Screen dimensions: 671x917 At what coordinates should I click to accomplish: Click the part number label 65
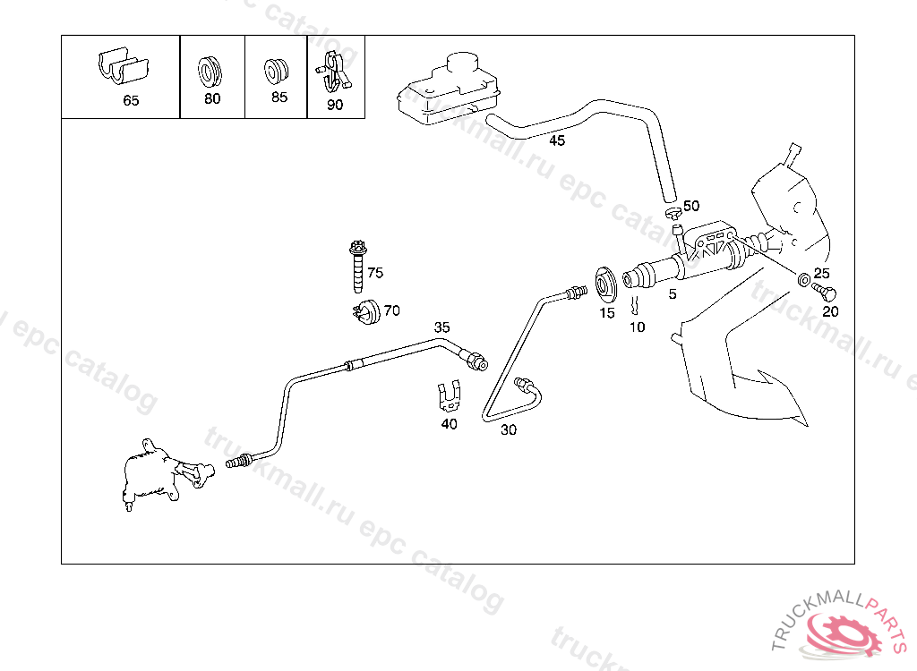pyautogui.click(x=131, y=101)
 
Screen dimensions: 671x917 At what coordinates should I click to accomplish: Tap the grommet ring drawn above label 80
pyautogui.click(x=211, y=68)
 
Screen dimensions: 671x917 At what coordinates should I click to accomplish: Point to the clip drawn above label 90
pyautogui.click(x=333, y=72)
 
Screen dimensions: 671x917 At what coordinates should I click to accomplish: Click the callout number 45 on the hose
pyautogui.click(x=557, y=140)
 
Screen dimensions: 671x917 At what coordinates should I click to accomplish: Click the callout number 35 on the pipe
pyautogui.click(x=442, y=327)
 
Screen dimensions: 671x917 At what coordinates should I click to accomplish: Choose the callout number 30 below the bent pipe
pyautogui.click(x=509, y=429)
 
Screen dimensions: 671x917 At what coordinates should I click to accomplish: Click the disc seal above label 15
pyautogui.click(x=604, y=285)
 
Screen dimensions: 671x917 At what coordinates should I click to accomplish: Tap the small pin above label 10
pyautogui.click(x=635, y=305)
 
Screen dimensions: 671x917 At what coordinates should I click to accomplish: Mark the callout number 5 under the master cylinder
pyautogui.click(x=673, y=293)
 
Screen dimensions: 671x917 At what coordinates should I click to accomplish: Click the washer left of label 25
pyautogui.click(x=804, y=278)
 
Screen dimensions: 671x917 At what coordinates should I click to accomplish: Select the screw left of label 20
pyautogui.click(x=824, y=292)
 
